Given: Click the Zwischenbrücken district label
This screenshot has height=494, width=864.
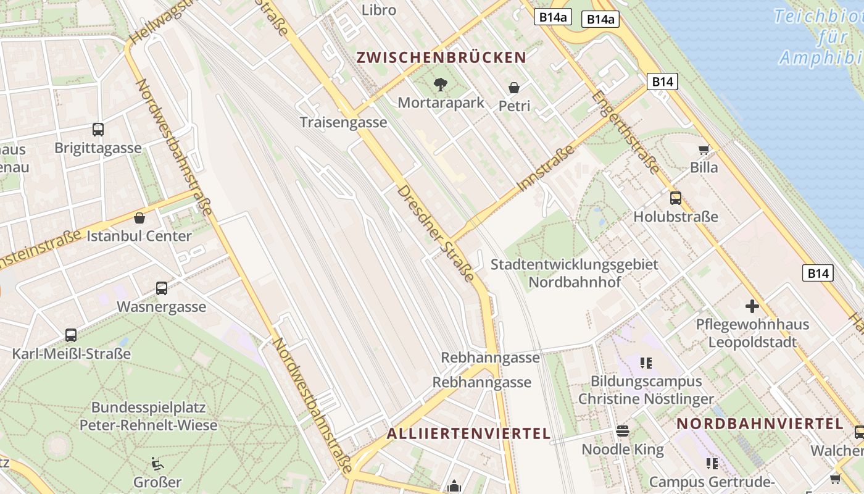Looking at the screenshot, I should click(441, 58).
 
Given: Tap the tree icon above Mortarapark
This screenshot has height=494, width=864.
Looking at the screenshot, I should click(441, 84).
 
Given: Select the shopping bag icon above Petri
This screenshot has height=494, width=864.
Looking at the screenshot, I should click(513, 88).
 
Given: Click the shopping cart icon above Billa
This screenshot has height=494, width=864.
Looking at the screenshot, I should click(704, 149).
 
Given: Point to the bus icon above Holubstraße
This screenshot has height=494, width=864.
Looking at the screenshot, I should click(676, 198).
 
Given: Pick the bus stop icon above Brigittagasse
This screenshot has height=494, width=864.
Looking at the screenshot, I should click(98, 130).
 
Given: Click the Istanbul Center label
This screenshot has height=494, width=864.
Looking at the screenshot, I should click(139, 236).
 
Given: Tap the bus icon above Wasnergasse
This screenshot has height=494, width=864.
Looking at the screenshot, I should click(161, 288).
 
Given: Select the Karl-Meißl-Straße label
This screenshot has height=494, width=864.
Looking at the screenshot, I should click(72, 354).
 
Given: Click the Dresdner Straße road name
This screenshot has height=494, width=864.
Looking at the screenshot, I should click(436, 233).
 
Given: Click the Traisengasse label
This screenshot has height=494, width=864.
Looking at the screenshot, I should click(343, 122).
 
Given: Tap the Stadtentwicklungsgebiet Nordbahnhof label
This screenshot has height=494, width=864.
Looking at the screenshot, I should click(574, 273).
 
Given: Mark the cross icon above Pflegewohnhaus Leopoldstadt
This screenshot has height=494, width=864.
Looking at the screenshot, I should click(752, 306).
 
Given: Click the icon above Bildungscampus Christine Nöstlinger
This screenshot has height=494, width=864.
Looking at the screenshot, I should click(646, 363).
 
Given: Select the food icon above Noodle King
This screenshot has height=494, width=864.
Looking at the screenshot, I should click(623, 430).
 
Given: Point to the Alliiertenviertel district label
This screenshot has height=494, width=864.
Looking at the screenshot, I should click(468, 433).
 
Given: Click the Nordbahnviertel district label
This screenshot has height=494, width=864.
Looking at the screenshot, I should click(760, 424).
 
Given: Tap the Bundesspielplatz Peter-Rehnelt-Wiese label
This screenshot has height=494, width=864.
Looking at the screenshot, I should click(148, 416).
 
